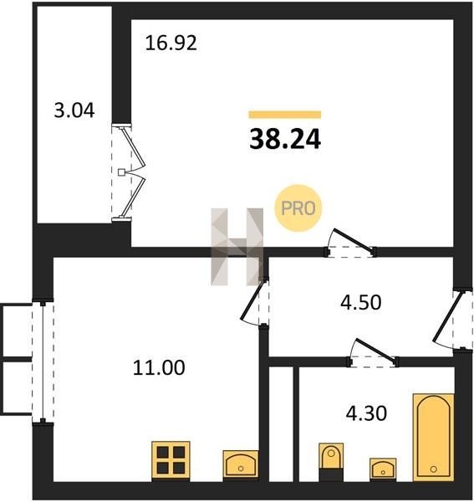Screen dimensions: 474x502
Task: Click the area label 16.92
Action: click(x=171, y=44)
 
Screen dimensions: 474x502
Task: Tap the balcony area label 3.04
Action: click(x=74, y=110)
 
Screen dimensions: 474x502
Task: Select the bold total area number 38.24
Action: click(x=285, y=139)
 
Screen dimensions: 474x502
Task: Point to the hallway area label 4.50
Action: click(x=361, y=303)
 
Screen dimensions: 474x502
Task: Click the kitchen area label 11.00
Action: click(x=159, y=367)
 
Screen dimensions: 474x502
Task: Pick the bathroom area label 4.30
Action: click(x=366, y=413)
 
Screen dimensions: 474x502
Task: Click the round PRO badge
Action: click(x=298, y=208)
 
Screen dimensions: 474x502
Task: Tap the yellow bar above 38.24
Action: click(x=285, y=115)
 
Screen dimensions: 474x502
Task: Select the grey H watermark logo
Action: click(x=237, y=247)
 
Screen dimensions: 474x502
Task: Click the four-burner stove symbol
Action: click(x=171, y=461)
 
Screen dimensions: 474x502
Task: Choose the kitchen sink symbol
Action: click(x=241, y=465)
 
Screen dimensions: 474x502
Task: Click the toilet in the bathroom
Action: click(x=331, y=462)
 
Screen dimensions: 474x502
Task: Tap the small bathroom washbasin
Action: click(x=383, y=469)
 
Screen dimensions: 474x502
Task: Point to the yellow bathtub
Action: click(x=433, y=438)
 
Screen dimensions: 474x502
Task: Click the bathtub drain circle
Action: click(x=433, y=469)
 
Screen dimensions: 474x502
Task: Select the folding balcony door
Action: click(x=129, y=173)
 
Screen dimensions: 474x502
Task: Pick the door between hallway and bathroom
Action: click(x=373, y=352)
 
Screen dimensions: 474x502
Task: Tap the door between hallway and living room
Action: click(x=350, y=243)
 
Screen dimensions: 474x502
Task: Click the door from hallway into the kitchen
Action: click(x=255, y=302)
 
